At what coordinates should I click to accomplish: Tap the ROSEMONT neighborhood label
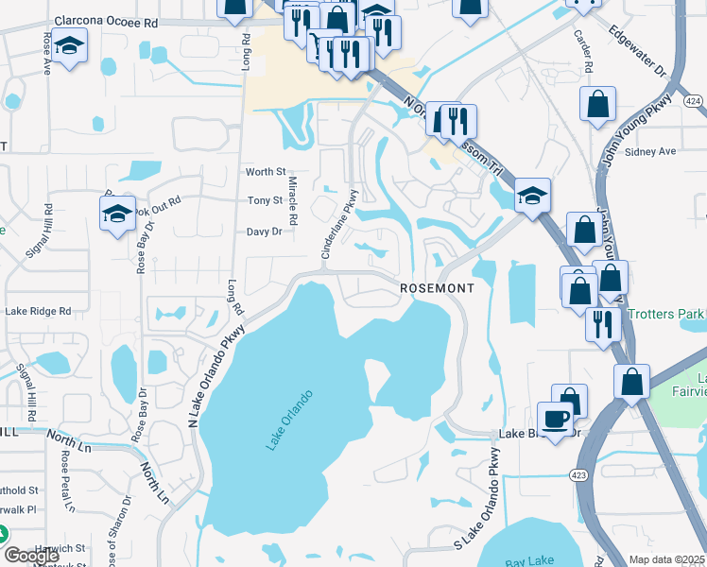[437, 287]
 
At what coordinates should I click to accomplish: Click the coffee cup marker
[555, 419]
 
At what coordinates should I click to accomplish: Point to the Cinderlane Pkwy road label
[339, 226]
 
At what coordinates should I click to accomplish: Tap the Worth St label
[266, 172]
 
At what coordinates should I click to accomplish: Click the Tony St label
[265, 200]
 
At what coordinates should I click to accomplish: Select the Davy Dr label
[264, 232]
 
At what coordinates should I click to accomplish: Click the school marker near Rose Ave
[69, 46]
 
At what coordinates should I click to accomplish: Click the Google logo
[31, 555]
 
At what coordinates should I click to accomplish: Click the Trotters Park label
[673, 313]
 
